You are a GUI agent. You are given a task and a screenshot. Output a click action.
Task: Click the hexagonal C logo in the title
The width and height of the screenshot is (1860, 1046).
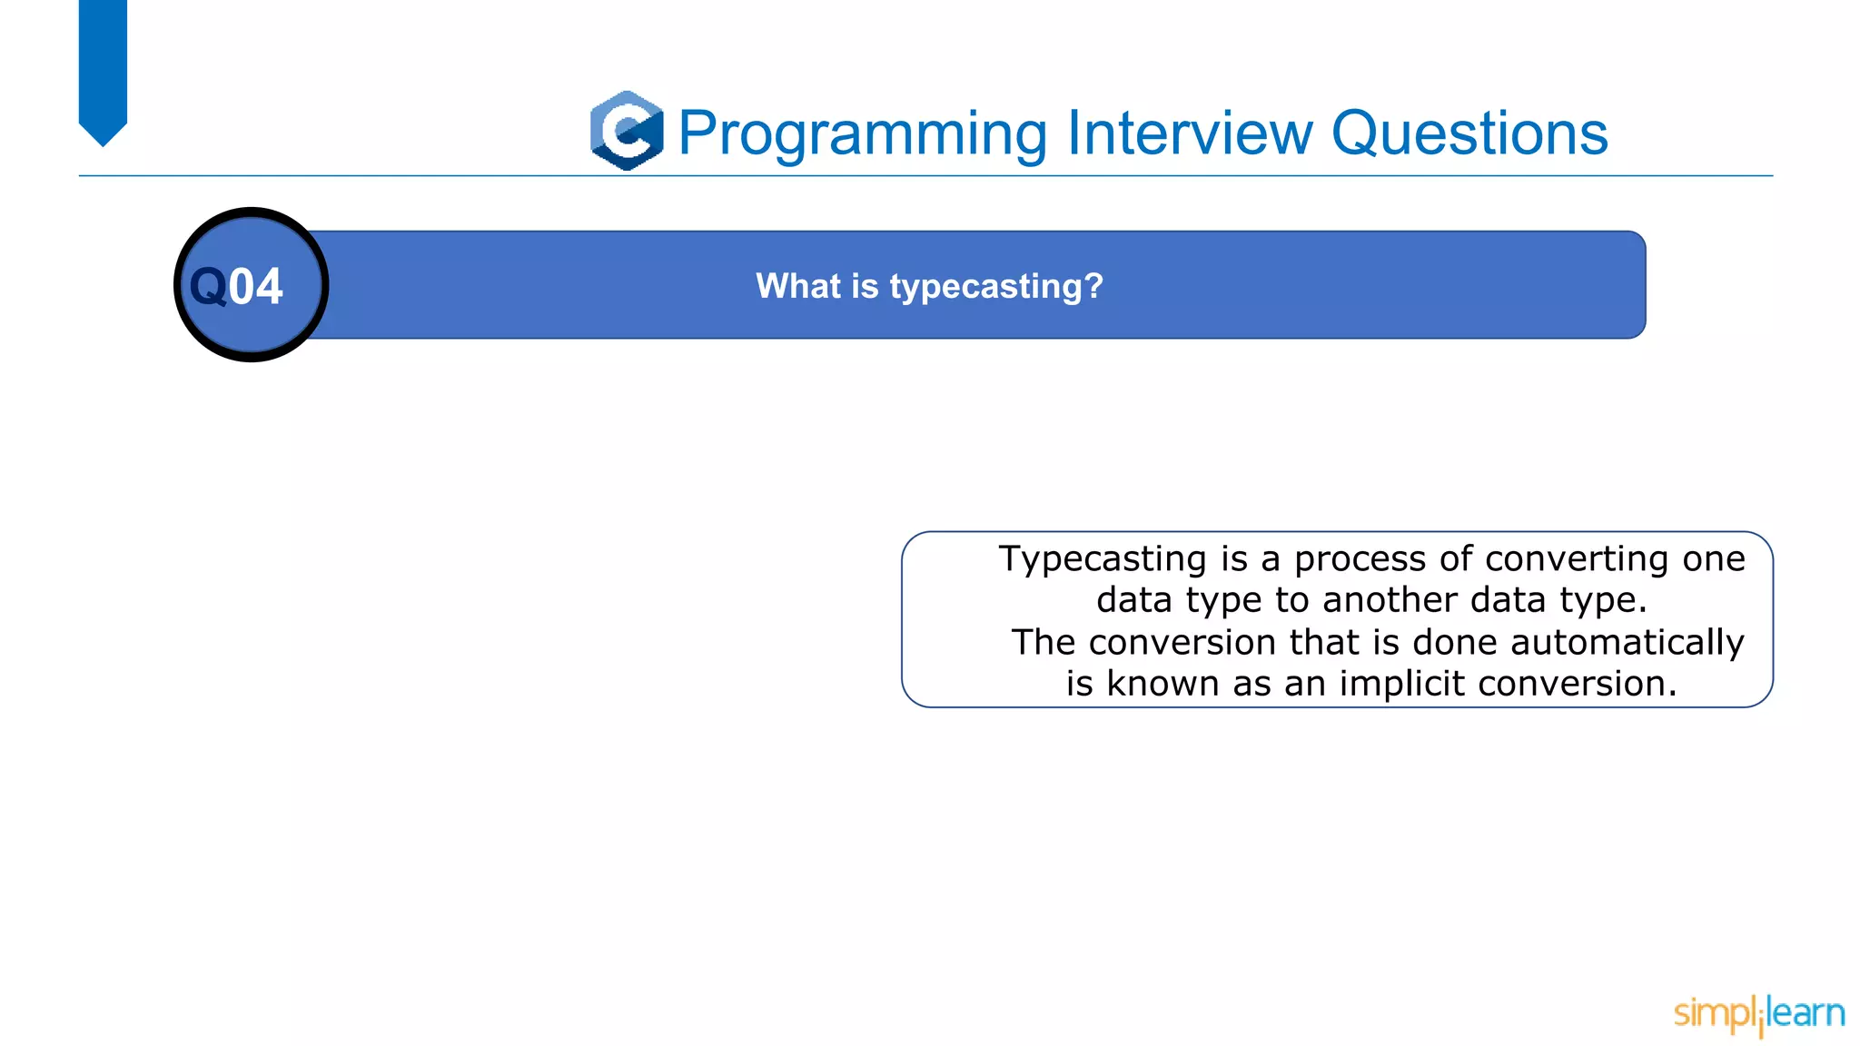pos(627,131)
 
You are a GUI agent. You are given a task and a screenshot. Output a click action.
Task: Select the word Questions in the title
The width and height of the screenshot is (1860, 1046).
pos(1469,133)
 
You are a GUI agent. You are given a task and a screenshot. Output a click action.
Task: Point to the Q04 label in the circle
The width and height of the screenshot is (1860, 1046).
pos(237,286)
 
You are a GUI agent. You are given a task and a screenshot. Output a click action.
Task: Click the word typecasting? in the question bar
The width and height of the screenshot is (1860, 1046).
pos(996,287)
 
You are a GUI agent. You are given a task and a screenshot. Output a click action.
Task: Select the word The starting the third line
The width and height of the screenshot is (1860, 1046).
pos(1044,642)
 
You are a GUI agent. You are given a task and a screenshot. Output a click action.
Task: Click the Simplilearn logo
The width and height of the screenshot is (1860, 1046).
pos(1758,1014)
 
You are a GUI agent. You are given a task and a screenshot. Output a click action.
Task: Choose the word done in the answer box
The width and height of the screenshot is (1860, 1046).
pos(1455,642)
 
